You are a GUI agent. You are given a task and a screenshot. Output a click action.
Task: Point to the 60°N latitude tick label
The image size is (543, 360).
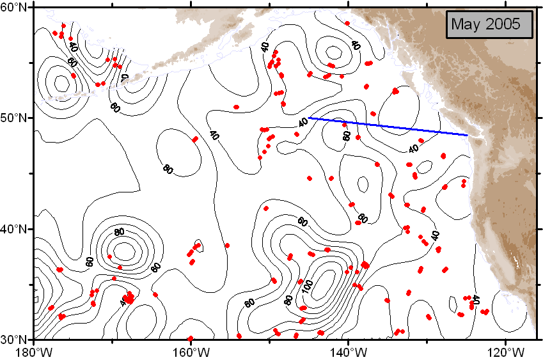point(16,7)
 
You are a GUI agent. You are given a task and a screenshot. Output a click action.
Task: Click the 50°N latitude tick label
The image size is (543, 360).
point(16,118)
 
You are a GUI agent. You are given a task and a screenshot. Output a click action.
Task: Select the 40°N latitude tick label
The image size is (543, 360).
point(16,229)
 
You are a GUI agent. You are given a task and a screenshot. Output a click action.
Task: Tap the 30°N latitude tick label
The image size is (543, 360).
point(16,339)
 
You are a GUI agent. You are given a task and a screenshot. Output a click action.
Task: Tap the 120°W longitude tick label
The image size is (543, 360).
point(505,351)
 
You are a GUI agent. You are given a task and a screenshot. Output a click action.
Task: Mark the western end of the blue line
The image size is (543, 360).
point(309,118)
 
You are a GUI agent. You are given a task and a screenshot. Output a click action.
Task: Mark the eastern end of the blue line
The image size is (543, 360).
point(468,135)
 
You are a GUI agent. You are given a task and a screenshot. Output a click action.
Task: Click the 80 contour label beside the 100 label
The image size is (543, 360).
point(289,299)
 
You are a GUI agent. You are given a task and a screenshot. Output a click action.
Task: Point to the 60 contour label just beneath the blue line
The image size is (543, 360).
point(347,136)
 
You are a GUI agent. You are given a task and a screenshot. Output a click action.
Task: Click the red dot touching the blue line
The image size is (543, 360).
point(345,125)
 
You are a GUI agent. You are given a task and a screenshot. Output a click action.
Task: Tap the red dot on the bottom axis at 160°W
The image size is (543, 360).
point(191,338)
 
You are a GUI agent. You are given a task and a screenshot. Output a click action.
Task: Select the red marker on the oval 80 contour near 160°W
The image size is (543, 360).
point(195,139)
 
